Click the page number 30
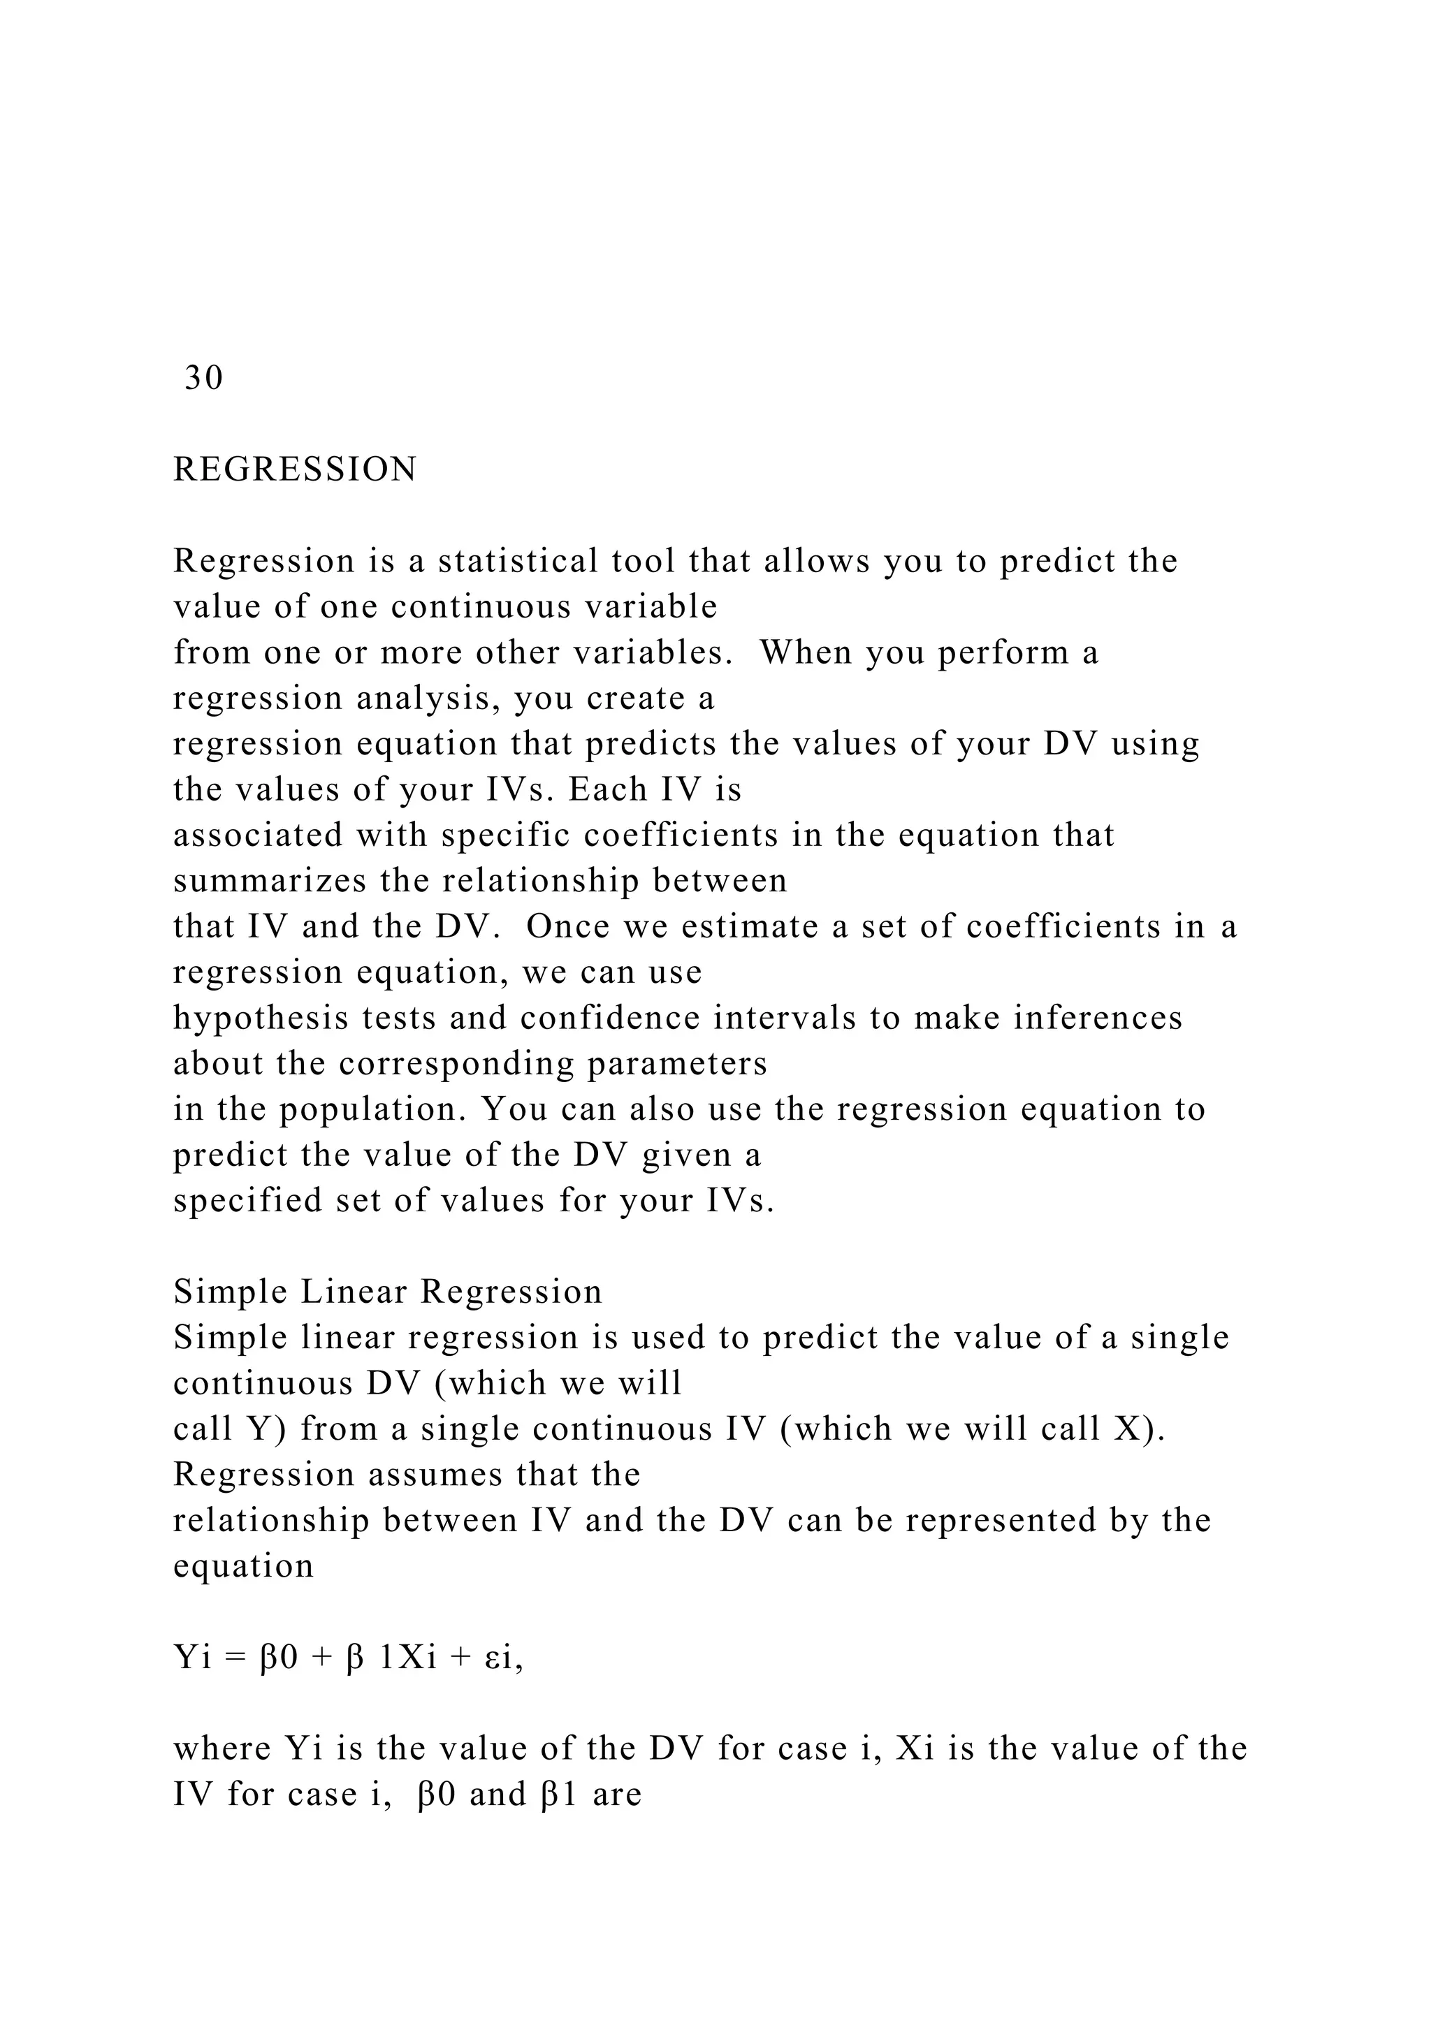(203, 378)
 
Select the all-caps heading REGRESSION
(295, 469)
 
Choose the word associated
(258, 835)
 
